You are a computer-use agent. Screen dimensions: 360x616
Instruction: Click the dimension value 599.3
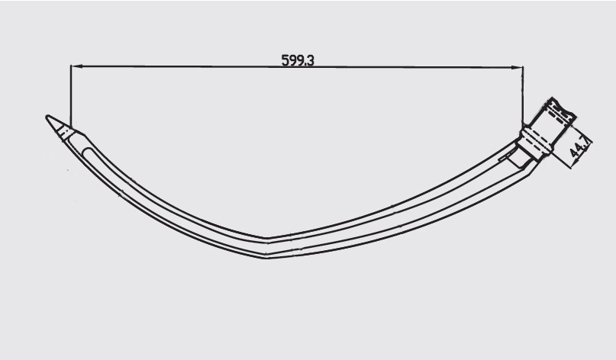point(298,60)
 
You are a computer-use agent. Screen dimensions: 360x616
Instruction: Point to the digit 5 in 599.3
point(285,60)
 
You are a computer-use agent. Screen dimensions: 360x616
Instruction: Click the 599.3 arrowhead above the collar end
point(519,67)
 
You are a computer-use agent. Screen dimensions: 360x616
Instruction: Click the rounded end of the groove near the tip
point(85,151)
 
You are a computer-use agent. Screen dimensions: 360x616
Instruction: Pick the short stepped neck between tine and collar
point(519,159)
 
